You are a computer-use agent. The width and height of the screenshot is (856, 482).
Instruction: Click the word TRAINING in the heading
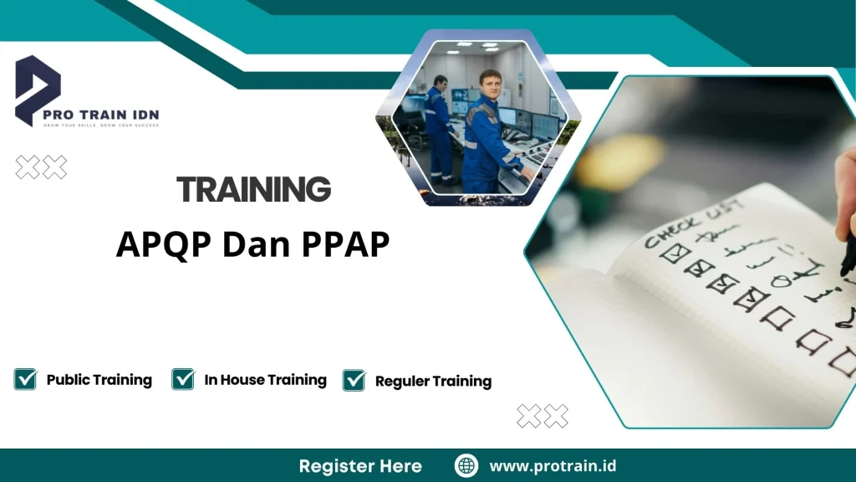click(x=254, y=190)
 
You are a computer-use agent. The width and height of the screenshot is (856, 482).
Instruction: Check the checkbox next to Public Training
click(x=25, y=379)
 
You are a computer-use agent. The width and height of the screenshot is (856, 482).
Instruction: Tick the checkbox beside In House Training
click(x=183, y=379)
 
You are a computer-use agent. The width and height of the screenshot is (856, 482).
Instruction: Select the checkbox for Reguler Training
click(x=354, y=380)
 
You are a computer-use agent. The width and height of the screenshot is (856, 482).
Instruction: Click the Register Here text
click(x=360, y=466)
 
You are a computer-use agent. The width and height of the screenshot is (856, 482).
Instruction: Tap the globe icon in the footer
click(x=466, y=466)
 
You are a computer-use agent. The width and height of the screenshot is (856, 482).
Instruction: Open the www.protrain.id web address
click(x=553, y=466)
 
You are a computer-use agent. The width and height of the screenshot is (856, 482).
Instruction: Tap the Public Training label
click(x=99, y=380)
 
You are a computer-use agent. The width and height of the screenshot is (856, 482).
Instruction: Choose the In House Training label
click(x=265, y=380)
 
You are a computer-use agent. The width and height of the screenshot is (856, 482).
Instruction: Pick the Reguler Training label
click(x=433, y=382)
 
